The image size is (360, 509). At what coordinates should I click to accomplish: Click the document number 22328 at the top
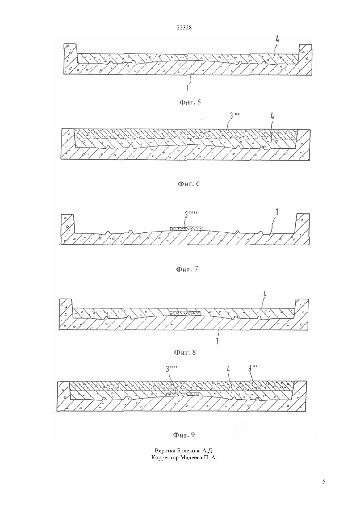point(184,28)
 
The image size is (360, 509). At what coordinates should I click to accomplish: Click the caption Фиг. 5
point(190,102)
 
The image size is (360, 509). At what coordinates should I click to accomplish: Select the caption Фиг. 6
point(189,184)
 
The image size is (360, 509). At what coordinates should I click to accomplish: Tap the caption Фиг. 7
point(187,269)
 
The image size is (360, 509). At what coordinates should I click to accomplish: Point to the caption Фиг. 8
point(185,352)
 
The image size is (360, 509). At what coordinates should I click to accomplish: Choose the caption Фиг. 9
point(184,435)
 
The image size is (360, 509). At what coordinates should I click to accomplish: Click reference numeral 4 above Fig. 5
point(277,39)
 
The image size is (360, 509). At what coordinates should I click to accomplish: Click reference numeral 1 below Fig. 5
point(187,88)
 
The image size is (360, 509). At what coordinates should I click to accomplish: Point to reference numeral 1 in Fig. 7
point(277,212)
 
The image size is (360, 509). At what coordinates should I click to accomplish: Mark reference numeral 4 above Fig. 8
point(265,295)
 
